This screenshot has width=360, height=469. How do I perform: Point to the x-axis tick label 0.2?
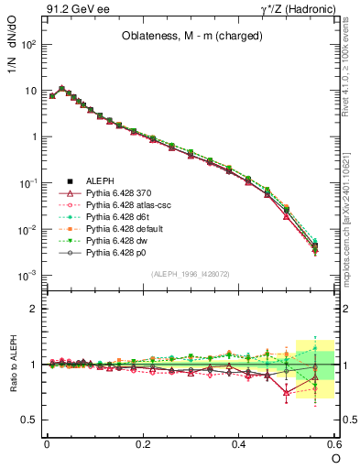pos(143,443)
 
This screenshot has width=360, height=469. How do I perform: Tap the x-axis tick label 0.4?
pos(239,443)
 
